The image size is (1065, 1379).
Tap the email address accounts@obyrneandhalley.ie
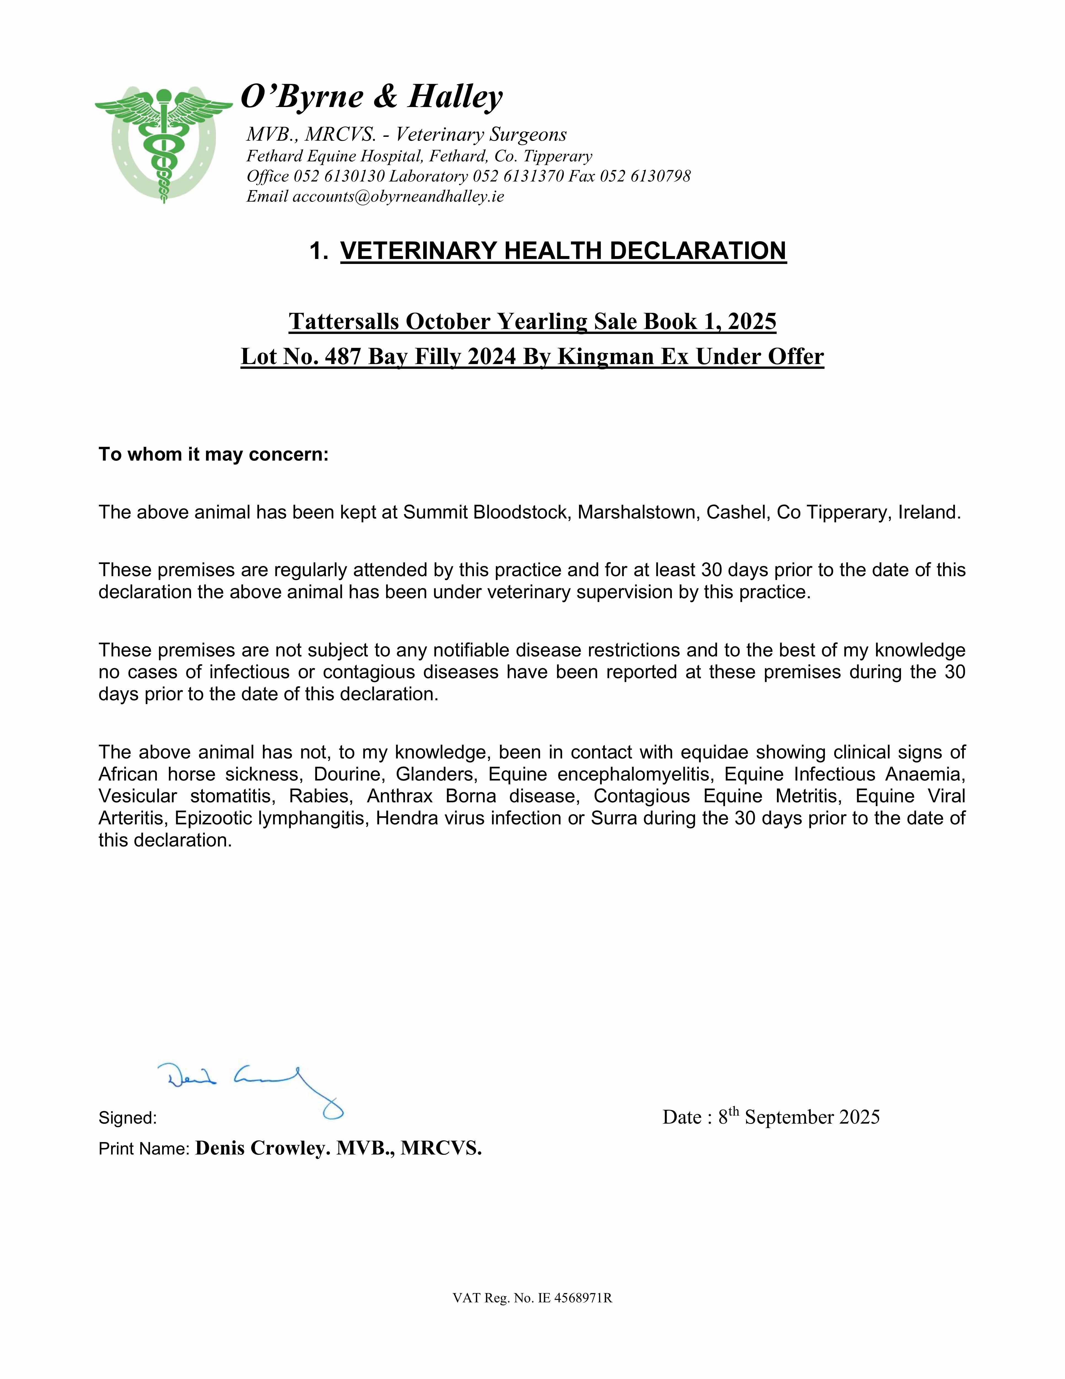point(398,196)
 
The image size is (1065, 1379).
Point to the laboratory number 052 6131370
point(518,176)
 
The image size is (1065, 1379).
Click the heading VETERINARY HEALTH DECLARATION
point(563,251)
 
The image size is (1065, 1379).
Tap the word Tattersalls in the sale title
point(344,321)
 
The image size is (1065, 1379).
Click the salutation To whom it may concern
point(213,455)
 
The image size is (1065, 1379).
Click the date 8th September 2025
point(799,1117)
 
